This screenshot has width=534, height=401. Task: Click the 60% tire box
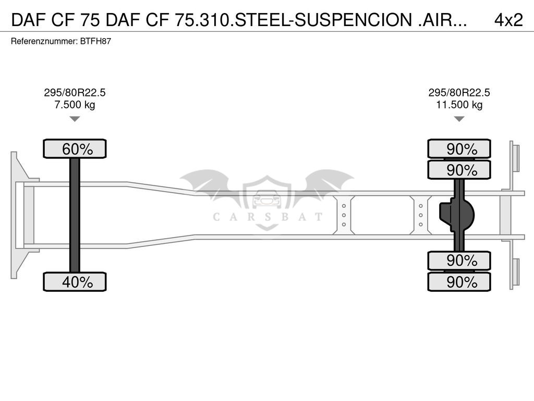(x=75, y=149)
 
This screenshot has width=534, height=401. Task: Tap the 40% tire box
(x=75, y=282)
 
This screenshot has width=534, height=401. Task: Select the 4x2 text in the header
(x=508, y=20)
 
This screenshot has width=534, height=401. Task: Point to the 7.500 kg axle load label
(x=75, y=104)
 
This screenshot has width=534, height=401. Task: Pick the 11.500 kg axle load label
(x=459, y=104)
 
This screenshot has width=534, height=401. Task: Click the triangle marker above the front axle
(x=75, y=119)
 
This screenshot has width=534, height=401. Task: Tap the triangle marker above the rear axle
(x=459, y=119)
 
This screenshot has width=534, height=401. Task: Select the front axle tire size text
(x=75, y=93)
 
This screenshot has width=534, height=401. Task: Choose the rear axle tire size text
(x=459, y=93)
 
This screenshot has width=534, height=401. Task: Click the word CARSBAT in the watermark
(x=267, y=217)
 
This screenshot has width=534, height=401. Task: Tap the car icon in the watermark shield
(x=267, y=199)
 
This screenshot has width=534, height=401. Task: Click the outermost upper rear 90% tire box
(x=459, y=149)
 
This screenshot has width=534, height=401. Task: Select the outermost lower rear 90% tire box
(x=459, y=282)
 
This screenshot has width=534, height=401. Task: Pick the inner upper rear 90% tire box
(x=459, y=170)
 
